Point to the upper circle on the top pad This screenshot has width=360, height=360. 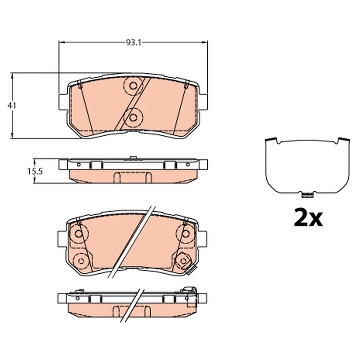point(133,86)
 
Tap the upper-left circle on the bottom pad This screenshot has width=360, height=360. point(79,233)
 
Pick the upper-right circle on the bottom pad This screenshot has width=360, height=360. point(185,233)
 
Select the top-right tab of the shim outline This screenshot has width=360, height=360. point(343,139)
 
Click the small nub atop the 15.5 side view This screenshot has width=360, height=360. point(133,159)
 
